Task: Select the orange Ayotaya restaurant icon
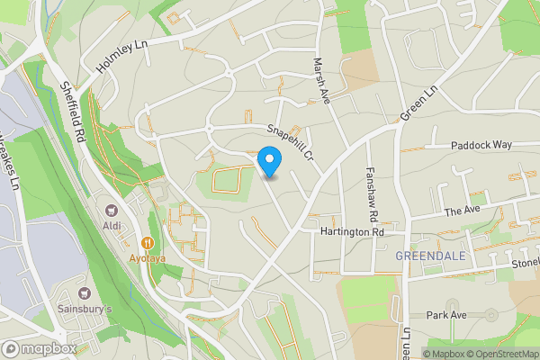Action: [x=148, y=242]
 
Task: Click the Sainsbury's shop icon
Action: [x=85, y=293]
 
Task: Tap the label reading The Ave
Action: [x=463, y=211]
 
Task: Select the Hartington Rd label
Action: [x=352, y=231]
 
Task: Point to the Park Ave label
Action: [x=447, y=315]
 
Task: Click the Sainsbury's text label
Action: [x=85, y=310]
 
